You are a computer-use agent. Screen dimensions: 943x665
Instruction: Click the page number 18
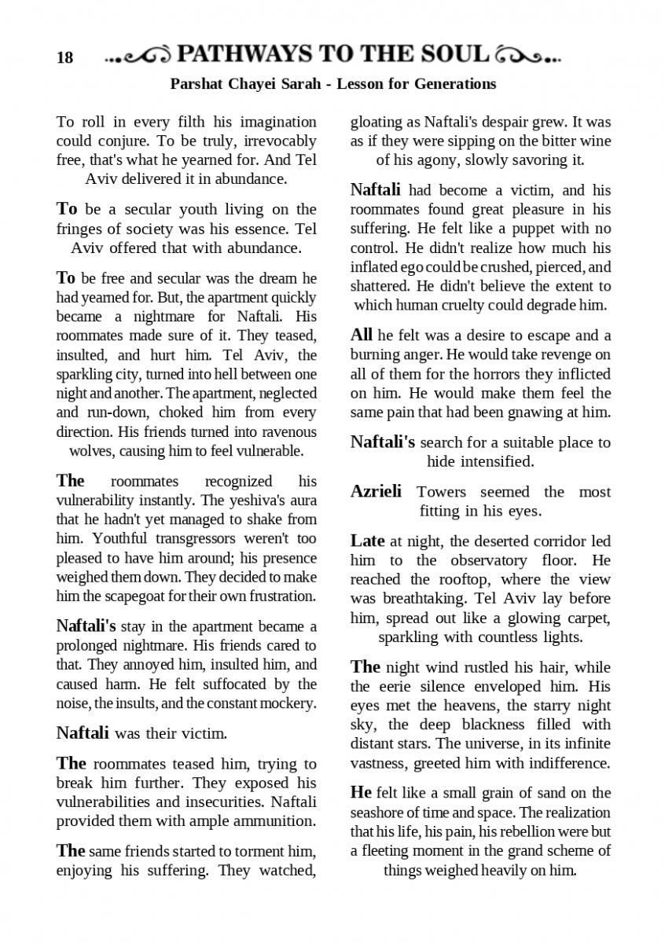[x=64, y=57]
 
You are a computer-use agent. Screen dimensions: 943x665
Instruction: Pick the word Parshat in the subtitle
[x=195, y=83]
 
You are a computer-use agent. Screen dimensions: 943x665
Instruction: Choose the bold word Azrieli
[x=376, y=492]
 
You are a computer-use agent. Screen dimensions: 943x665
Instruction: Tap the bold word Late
[x=367, y=541]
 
